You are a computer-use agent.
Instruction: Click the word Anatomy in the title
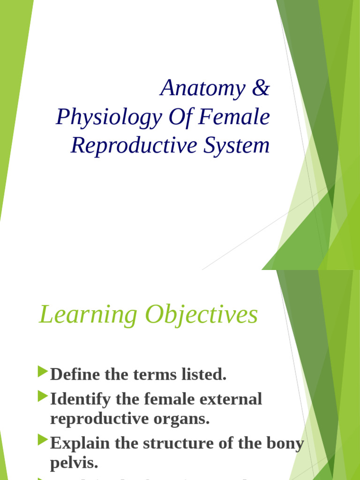pos(202,88)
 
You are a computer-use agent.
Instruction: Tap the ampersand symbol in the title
pos(261,88)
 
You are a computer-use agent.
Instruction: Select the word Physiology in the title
pos(108,117)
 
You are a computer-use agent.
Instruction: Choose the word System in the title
pos(237,145)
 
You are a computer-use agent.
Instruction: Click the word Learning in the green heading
pos(88,315)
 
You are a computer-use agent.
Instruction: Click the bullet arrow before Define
pos(43,373)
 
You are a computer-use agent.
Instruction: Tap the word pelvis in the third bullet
pos(74,463)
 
